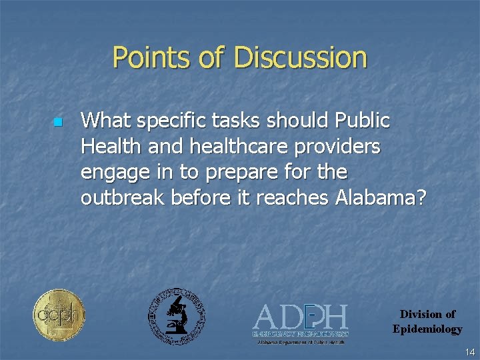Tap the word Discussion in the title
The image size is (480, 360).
[301, 58]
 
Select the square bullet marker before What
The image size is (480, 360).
[57, 123]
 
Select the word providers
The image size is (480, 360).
[336, 147]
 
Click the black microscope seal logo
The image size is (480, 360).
[176, 317]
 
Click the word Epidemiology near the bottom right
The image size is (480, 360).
[427, 329]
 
